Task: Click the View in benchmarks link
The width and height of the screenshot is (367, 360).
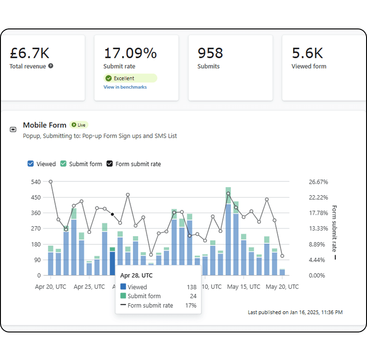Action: point(125,87)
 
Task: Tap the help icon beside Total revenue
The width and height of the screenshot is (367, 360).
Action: point(50,66)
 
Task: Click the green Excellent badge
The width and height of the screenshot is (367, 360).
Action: point(130,78)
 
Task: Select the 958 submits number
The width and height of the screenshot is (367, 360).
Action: point(210,53)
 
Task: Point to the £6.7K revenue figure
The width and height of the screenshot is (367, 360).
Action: point(29,53)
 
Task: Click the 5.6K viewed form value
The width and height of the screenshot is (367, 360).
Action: point(307,53)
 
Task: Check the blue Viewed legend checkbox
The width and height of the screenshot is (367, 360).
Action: point(30,163)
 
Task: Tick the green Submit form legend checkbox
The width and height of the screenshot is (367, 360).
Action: point(63,163)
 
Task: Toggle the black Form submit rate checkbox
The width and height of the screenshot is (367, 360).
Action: point(110,163)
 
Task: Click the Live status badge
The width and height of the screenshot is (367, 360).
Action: point(78,125)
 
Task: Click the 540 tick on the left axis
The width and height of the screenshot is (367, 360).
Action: point(36,182)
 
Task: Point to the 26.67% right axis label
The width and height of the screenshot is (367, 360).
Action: point(318,182)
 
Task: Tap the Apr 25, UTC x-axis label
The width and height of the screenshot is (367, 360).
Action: point(89,287)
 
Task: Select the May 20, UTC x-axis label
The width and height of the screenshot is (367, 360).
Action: point(282,287)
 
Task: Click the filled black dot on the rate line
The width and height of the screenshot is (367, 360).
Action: point(112,214)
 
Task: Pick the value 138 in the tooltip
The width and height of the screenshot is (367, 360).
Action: point(191,287)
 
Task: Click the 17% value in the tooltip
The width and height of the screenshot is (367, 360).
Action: point(191,305)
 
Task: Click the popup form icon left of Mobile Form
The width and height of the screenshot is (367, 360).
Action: point(13,129)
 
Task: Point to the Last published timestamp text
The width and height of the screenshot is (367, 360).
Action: point(295,312)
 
